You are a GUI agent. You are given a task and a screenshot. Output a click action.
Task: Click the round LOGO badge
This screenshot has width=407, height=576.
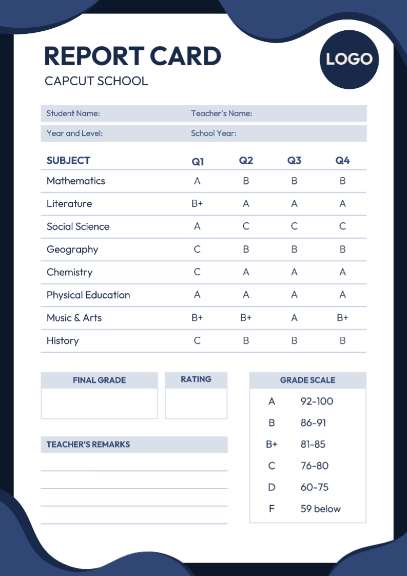349,59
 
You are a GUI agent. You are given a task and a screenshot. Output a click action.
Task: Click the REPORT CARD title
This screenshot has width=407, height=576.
132,56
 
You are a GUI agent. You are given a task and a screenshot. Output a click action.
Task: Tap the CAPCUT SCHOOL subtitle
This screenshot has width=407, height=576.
96,81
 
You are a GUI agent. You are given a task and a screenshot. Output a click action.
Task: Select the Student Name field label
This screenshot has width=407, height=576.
73,113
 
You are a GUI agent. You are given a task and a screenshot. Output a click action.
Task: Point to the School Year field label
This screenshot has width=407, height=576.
214,133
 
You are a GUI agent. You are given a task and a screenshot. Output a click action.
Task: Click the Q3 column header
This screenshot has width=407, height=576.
294,161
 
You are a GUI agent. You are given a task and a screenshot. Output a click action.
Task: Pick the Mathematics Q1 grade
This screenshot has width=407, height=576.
197,181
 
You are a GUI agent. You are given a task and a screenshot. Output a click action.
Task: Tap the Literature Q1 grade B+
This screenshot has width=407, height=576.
197,204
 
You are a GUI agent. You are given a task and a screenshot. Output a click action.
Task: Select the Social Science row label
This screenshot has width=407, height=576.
78,226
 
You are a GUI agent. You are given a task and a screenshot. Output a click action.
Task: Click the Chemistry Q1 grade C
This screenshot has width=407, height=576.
197,272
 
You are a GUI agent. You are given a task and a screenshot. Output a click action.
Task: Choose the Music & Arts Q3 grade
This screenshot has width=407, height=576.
294,318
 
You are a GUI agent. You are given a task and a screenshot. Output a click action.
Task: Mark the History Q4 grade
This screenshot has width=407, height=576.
342,340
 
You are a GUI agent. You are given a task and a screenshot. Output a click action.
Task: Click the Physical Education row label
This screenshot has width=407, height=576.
88,295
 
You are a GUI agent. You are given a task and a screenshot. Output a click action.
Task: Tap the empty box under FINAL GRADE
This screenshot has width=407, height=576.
99,404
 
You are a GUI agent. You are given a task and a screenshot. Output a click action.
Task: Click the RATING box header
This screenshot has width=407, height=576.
196,379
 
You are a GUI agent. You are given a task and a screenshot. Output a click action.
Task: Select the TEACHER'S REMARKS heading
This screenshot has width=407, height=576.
88,445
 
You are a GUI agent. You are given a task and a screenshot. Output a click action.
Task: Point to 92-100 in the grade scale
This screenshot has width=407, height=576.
317,401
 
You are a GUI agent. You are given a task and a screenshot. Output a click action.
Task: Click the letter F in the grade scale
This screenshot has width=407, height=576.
272,509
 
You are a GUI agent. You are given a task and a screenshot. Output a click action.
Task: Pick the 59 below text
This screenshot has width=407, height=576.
320,509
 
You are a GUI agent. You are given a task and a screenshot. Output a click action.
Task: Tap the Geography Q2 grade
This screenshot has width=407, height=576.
246,249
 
